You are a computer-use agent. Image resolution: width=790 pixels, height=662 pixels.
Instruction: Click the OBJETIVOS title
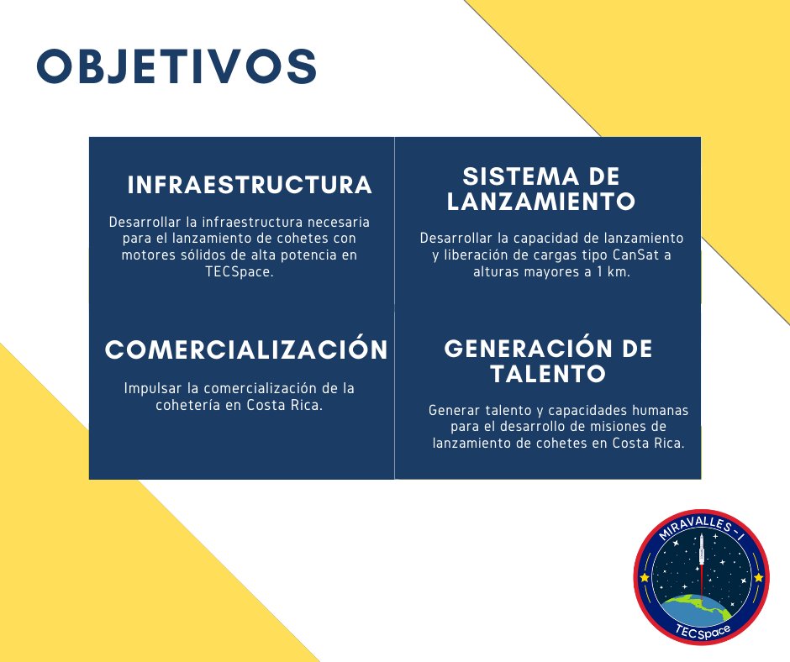point(176,67)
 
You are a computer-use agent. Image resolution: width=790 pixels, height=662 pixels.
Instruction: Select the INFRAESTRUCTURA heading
point(250,186)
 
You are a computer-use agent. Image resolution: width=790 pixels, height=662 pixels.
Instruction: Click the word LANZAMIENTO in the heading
point(540,202)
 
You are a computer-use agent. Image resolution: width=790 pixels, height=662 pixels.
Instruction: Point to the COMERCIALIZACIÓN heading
point(246,350)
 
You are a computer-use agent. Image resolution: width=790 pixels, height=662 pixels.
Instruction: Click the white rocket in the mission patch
point(700,554)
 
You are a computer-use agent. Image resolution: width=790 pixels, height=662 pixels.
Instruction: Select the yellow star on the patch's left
point(645,578)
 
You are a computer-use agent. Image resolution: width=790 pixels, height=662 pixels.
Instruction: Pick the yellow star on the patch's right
point(758,578)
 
